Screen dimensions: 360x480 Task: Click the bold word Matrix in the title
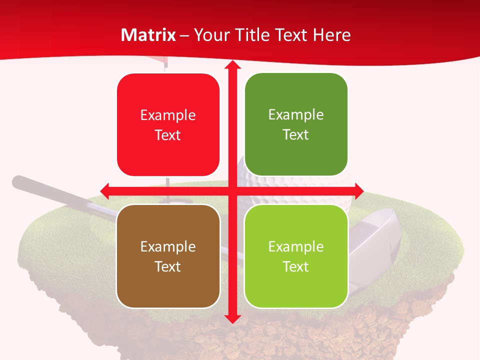(148, 35)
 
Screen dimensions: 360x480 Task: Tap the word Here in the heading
(331, 35)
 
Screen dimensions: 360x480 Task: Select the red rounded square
(168, 124)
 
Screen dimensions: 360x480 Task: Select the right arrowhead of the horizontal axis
(358, 190)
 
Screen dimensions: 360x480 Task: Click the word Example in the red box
(168, 115)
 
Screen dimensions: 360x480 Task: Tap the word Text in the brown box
(168, 266)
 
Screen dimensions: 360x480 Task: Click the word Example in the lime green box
(296, 246)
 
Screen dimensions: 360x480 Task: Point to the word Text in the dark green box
(296, 134)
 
